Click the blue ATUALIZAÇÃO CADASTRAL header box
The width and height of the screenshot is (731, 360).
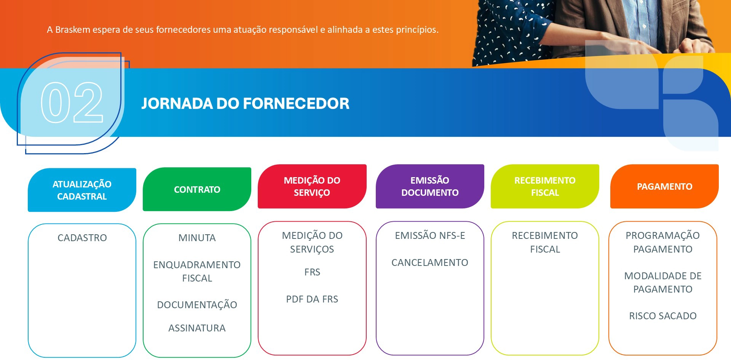pos(82,190)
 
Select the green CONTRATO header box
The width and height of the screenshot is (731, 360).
pos(197,189)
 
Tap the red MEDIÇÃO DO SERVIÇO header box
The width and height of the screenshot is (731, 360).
pos(312,186)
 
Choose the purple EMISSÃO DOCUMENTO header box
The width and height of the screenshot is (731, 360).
pos(430,186)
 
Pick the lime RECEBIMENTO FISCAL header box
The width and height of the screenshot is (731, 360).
pos(545,186)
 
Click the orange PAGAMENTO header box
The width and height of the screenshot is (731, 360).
pos(664,186)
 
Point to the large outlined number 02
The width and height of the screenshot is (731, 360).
pos(72,103)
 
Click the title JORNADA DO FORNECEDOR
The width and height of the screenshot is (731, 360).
pos(245,104)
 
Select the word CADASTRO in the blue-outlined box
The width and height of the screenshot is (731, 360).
pos(82,238)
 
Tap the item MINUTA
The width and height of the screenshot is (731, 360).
pos(197,238)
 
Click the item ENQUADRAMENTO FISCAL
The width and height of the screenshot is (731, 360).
pos(197,271)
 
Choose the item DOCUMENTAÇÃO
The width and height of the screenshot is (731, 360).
pos(197,305)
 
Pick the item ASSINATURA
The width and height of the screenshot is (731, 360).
pos(197,328)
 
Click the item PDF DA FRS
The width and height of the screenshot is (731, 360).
pos(312,299)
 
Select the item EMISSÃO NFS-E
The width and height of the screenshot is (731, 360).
pos(430,235)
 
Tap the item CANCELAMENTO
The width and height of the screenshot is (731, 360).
pos(430,262)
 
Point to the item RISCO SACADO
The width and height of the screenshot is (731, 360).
pos(663,316)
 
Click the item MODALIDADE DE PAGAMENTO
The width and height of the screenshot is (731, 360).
pos(663,282)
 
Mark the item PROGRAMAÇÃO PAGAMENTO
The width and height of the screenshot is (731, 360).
pos(663,242)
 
